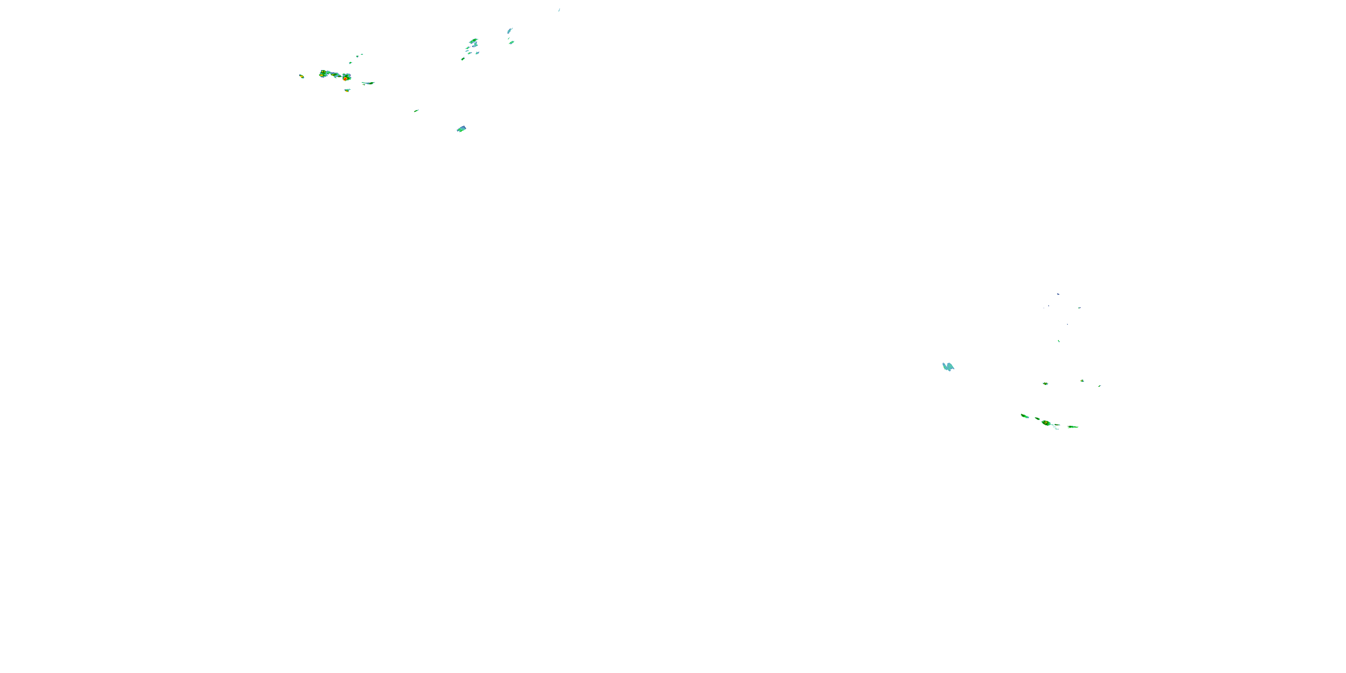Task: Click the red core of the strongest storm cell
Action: pos(345,79)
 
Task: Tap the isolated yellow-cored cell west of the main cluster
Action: pos(302,76)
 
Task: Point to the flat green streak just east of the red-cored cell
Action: pos(368,83)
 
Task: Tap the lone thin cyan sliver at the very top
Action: pos(559,9)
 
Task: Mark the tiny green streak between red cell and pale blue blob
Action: pos(416,111)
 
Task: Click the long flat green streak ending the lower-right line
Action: pos(1073,427)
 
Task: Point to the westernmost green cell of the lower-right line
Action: pos(1024,416)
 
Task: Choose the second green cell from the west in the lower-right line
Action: pos(1037,419)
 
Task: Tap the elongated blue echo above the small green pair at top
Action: pos(509,31)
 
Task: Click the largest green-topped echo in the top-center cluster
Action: pos(473,41)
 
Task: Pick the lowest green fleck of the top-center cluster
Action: pos(463,59)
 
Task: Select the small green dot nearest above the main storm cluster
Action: pos(350,63)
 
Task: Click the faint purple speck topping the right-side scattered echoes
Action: pos(1058,294)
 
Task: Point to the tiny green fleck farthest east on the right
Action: pos(1099,385)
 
